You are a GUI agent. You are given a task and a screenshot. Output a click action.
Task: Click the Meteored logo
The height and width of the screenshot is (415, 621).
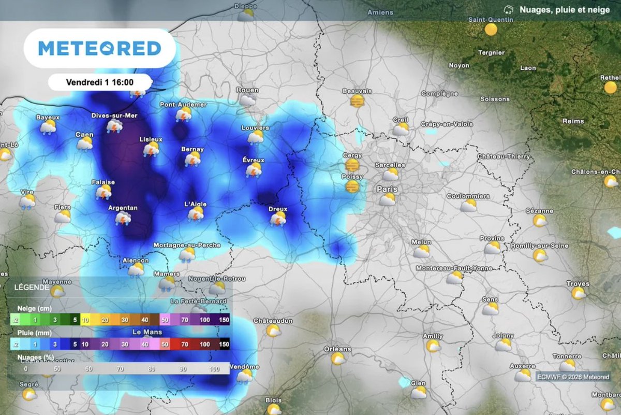click(x=100, y=49)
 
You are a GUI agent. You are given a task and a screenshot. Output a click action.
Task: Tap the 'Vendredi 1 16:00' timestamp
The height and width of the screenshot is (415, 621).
click(x=100, y=82)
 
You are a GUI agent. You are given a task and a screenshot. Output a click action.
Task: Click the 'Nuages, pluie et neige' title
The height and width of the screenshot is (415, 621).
click(x=564, y=10)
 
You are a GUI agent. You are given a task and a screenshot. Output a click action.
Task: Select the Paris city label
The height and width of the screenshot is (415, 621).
click(x=387, y=189)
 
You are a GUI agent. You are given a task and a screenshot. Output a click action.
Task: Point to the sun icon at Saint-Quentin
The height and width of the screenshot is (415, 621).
click(x=491, y=30)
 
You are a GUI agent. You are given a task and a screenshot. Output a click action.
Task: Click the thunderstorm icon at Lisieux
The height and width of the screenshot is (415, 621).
click(x=151, y=149)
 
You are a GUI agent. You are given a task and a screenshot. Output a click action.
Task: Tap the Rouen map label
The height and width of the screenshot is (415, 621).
click(x=247, y=90)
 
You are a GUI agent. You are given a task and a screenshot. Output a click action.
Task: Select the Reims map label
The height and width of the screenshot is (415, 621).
click(x=573, y=121)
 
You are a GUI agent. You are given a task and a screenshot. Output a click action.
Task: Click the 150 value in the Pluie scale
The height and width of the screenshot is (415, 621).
click(x=224, y=344)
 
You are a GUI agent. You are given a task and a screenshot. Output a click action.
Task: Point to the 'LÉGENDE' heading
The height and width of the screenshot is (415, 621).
click(x=28, y=287)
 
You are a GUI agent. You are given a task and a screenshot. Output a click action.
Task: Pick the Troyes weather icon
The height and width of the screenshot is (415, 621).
click(x=579, y=293)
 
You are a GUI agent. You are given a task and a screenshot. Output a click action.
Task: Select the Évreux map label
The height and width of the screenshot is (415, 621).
click(x=254, y=160)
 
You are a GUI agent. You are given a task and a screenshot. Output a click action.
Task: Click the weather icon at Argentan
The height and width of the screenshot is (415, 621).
click(x=123, y=218)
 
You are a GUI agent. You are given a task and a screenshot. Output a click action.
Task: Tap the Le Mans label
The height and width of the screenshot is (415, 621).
click(x=147, y=332)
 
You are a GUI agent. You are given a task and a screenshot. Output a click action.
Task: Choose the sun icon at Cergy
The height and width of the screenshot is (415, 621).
click(x=352, y=165)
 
